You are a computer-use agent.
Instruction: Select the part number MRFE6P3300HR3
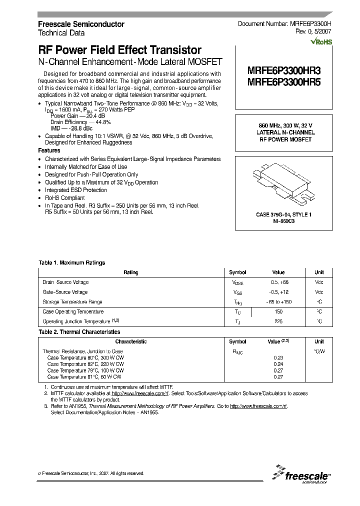tap(283, 71)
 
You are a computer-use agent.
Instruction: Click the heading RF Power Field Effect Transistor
tap(120, 50)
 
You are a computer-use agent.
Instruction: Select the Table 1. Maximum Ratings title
tap(72, 262)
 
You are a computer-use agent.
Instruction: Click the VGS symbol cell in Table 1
tap(237, 292)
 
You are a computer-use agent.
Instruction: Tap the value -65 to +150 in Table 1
tap(278, 302)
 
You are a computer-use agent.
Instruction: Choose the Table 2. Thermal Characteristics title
tap(79, 332)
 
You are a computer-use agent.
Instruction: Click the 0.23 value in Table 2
tap(278, 357)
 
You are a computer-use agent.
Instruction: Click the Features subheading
tap(49, 150)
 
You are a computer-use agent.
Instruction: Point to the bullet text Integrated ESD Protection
tap(76, 190)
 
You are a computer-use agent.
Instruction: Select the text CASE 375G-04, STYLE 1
tap(283, 214)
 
